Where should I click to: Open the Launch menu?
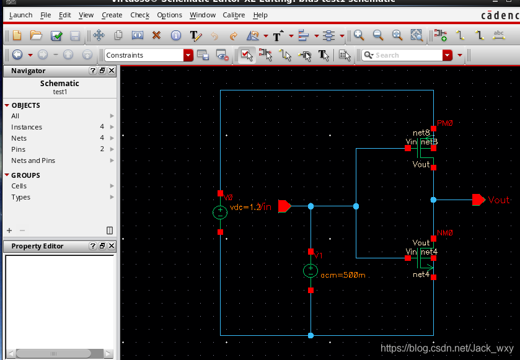click(x=21, y=15)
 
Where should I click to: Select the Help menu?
click(x=260, y=15)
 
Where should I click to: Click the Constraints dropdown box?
click(x=148, y=55)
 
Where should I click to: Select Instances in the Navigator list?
click(x=27, y=127)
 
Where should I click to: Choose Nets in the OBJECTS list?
click(x=19, y=138)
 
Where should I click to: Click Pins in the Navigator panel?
click(x=19, y=149)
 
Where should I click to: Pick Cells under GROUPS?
click(x=19, y=186)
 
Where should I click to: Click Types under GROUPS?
click(x=20, y=197)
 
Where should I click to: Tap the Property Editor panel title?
click(x=37, y=246)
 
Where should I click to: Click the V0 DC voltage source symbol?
click(x=220, y=213)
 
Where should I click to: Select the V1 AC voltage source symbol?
click(x=311, y=271)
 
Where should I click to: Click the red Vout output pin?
click(x=478, y=200)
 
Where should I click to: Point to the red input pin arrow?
click(x=284, y=206)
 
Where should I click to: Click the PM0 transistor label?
click(x=445, y=123)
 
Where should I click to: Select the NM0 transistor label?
click(x=445, y=233)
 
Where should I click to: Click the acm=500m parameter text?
click(x=343, y=274)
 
